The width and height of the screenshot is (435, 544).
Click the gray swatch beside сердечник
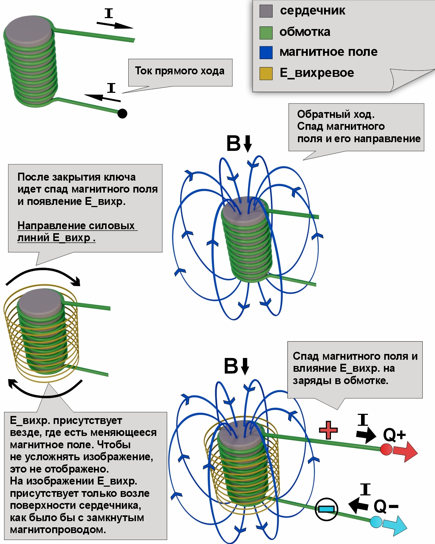[x=266, y=11]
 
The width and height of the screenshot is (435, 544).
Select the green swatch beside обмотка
[x=266, y=33]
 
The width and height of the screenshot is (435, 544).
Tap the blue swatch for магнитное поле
[x=266, y=53]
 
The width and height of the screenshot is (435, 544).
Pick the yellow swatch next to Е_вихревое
[x=266, y=74]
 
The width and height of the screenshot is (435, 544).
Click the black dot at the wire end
[x=122, y=114]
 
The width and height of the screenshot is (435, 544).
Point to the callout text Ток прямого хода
[x=180, y=71]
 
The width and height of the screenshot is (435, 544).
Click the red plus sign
[x=328, y=430]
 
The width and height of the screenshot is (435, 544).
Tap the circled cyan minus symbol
[x=326, y=509]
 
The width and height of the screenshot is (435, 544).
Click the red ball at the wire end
[x=386, y=449]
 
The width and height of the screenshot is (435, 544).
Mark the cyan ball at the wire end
[x=376, y=522]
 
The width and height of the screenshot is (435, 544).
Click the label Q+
[x=394, y=434]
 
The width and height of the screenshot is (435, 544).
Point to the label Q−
[x=386, y=506]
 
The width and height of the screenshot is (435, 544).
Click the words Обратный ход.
[x=336, y=114]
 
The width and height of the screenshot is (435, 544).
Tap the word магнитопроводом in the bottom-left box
[x=58, y=529]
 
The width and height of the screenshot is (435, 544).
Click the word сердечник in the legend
[x=312, y=11]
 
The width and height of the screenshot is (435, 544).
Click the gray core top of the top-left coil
[x=29, y=29]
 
